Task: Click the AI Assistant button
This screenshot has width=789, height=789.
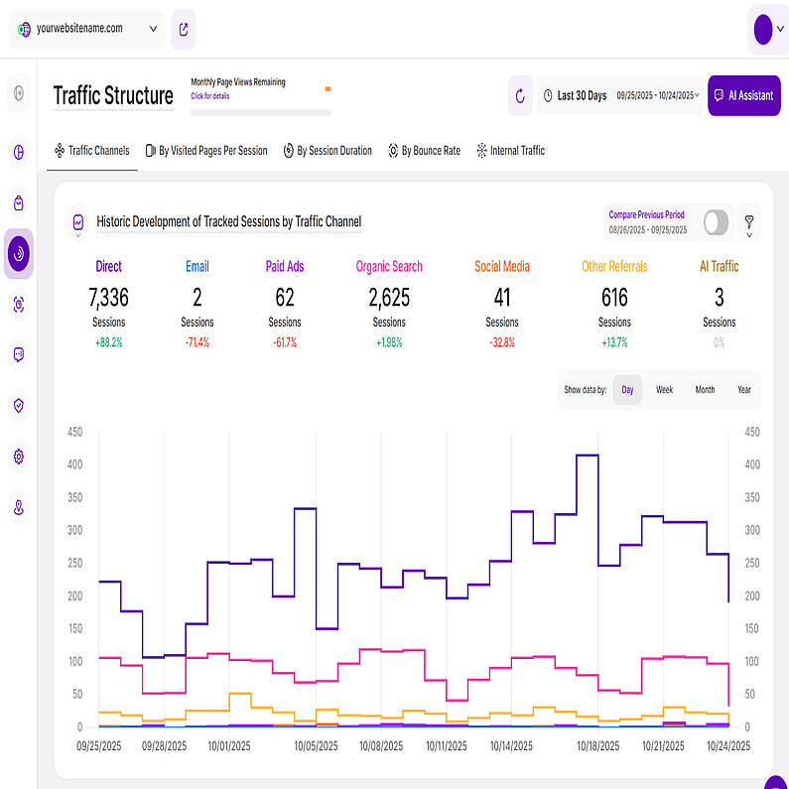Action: [x=743, y=95]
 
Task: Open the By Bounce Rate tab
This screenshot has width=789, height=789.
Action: [x=424, y=151]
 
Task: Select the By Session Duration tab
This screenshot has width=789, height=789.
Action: [x=328, y=151]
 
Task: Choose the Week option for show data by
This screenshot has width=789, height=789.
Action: [x=664, y=390]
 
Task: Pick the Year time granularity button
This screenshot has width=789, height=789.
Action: [x=744, y=390]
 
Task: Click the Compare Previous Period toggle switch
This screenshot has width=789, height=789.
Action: [x=716, y=223]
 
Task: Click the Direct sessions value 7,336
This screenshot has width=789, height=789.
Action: [x=108, y=297]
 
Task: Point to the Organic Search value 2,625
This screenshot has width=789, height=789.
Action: [x=389, y=297]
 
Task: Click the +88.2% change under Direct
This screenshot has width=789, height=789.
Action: [x=108, y=341]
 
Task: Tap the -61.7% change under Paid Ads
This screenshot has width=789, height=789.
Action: [x=284, y=341]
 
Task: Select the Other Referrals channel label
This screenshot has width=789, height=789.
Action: [x=614, y=266]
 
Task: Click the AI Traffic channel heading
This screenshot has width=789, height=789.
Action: [x=719, y=266]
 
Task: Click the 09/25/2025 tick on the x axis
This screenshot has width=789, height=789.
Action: [x=100, y=744]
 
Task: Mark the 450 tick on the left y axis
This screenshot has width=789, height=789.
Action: [x=73, y=432]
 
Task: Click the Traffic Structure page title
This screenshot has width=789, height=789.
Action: [x=112, y=96]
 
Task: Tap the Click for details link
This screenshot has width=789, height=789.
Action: [x=209, y=96]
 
